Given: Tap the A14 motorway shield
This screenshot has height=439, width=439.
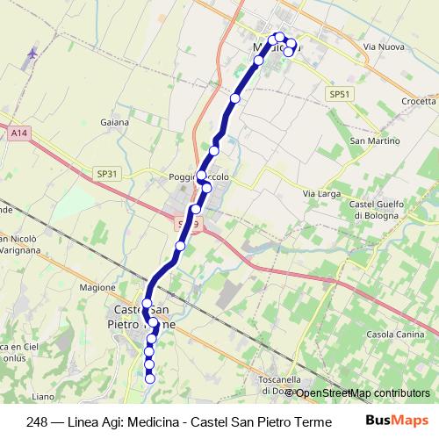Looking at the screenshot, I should (19, 132).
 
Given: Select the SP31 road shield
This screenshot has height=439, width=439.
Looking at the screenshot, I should (108, 174).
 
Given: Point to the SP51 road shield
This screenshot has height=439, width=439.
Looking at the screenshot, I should (339, 94).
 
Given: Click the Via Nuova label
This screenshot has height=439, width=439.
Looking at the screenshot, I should (383, 45).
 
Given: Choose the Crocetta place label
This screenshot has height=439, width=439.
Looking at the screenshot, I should (419, 101).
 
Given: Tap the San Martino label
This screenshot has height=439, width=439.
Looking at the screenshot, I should (371, 140).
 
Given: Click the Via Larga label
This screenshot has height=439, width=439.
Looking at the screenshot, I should (320, 193).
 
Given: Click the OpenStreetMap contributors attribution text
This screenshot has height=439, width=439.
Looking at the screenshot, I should (362, 392).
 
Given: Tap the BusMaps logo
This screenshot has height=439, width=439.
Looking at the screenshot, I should (398, 421).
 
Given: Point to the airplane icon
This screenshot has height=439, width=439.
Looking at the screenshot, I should (32, 54).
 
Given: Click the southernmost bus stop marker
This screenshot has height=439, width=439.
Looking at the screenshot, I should (150, 378).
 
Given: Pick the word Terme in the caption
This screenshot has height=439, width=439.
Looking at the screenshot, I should (313, 421).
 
